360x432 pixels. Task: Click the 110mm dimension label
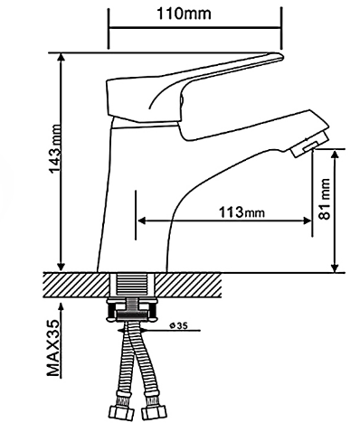point(184,14)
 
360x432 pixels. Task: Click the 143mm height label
point(55,148)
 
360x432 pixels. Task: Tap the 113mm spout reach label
point(242,212)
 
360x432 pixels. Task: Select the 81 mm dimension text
point(325,199)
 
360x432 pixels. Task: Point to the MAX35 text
point(53,348)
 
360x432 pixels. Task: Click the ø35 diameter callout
point(178,325)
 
